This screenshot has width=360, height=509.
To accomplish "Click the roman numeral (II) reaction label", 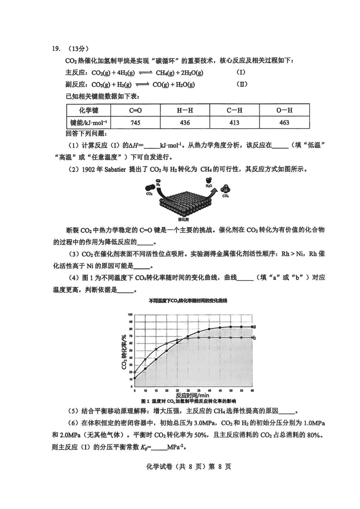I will pyautogui.click(x=242, y=84).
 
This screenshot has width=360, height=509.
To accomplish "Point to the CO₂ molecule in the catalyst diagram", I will pyautogui.click(x=149, y=194).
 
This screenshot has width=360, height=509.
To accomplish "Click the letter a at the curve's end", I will pyautogui.click(x=255, y=327).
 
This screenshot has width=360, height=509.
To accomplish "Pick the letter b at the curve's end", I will pyautogui.click(x=255, y=338).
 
